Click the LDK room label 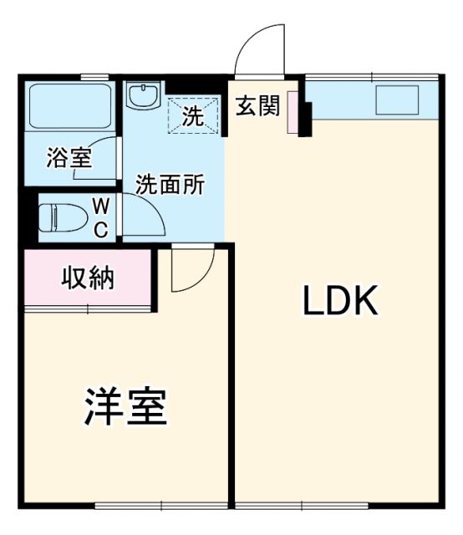click(341, 302)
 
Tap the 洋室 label click(127, 407)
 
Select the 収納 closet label click(88, 278)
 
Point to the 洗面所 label click(170, 186)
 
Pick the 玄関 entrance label click(257, 108)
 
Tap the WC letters click(99, 217)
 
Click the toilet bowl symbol click(64, 217)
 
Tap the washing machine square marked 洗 click(194, 115)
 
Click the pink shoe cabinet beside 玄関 click(293, 112)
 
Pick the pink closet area click(87, 279)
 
